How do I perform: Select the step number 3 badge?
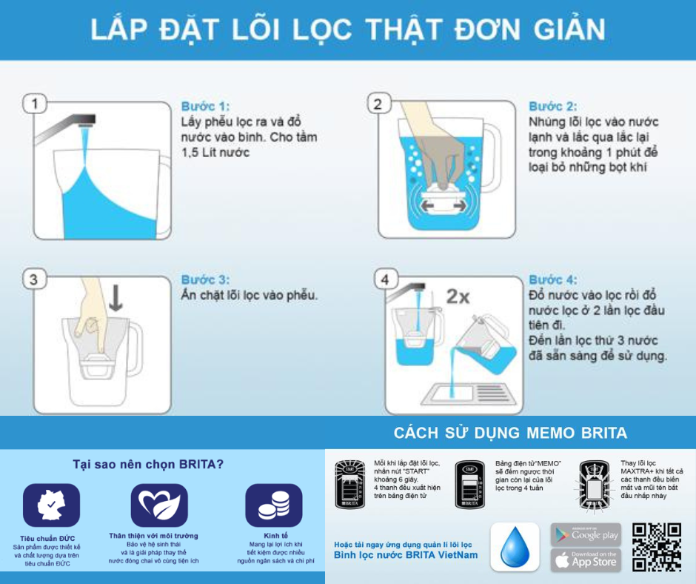tap(33, 279)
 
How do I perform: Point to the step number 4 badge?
tap(384, 280)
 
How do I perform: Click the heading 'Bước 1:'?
tap(205, 106)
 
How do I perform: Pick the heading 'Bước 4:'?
tap(552, 280)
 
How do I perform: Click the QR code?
tap(656, 547)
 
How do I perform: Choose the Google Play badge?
tap(585, 534)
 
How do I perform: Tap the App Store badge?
tap(585, 560)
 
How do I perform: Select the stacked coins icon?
tap(273, 505)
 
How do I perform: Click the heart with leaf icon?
tap(159, 505)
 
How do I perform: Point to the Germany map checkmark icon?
tap(47, 505)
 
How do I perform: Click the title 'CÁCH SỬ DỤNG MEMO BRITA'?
tap(509, 433)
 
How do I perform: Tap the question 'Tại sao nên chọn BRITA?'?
tap(148, 465)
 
